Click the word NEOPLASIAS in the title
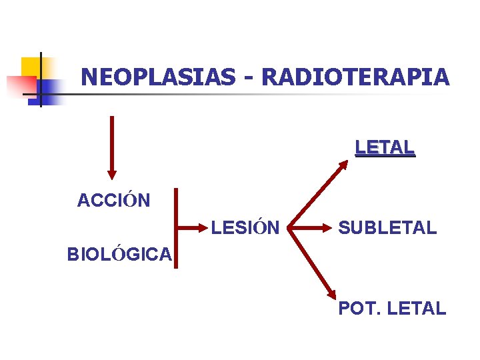point(157,77)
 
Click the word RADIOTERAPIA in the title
point(355,77)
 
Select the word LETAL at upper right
point(385,147)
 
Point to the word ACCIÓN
point(113,200)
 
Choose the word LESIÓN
point(245,228)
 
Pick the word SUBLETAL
point(387,228)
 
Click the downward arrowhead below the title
point(112,175)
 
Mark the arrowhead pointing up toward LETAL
point(361,163)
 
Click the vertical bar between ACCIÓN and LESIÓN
point(176,228)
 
